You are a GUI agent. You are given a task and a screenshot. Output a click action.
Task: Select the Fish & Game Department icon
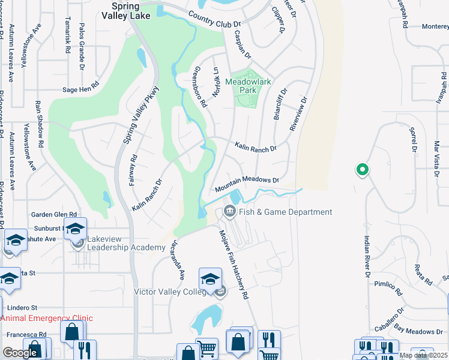pos(229,212)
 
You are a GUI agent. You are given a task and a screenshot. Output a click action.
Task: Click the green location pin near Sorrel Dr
pos(362,170)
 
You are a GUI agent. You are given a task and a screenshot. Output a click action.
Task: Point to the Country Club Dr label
pos(214,20)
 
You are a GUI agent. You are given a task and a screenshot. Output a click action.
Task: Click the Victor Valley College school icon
pos(210,279)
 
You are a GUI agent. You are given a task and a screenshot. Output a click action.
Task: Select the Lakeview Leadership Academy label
pos(126,244)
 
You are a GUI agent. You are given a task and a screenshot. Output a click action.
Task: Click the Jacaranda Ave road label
pos(177,259)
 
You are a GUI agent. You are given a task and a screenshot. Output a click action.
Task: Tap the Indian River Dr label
pos(367,256)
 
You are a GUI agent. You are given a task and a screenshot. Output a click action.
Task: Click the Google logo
pos(20,353)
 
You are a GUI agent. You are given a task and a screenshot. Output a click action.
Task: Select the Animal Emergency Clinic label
pos(47,319)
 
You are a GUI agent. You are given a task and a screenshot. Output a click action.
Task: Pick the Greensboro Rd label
pos(200,86)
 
